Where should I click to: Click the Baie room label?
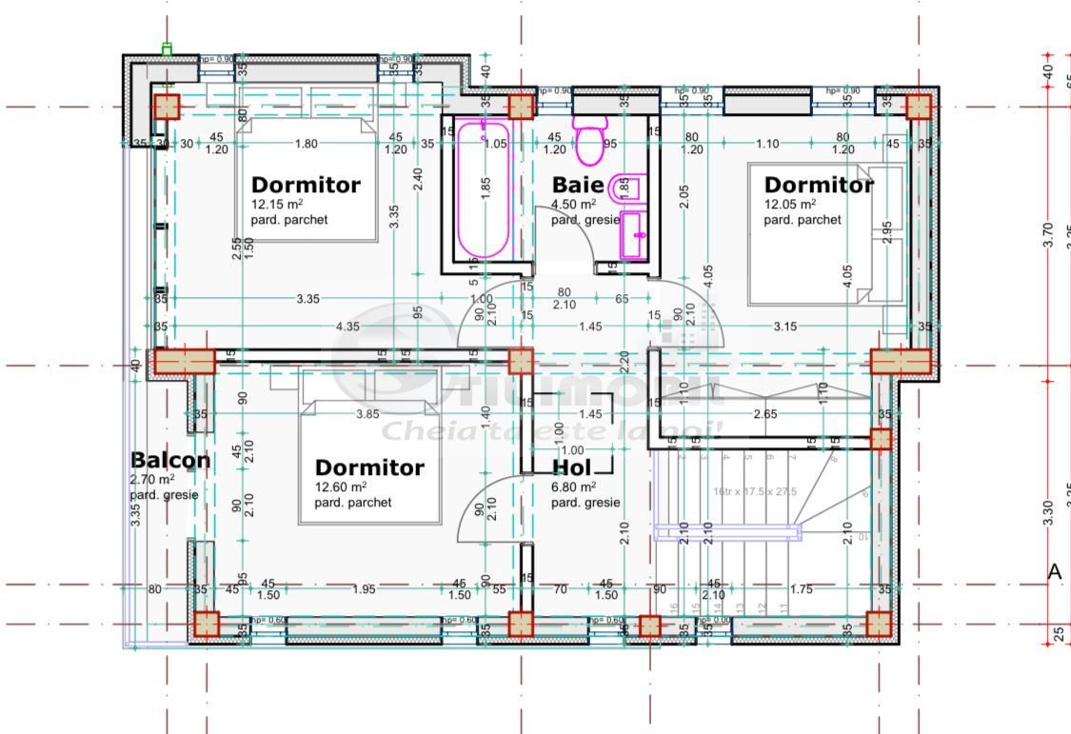coord(578,185)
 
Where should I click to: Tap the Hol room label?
coord(571,467)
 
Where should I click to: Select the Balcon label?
coord(170,460)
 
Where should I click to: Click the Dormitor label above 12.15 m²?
coord(306,185)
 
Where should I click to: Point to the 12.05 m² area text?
coord(789,204)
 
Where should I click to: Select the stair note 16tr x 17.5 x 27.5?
coord(755,491)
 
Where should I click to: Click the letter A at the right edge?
coord(1054,572)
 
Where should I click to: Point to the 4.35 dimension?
coord(347,327)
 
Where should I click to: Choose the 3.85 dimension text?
coord(367,414)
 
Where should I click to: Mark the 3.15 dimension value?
coord(784,327)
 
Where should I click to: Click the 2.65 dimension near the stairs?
coord(765,414)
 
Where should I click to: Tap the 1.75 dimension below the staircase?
coord(802,589)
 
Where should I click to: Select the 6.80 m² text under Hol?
coord(574,486)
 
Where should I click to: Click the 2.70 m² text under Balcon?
coord(152,479)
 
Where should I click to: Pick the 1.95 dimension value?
coord(364,589)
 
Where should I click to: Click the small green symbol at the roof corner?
coord(168,50)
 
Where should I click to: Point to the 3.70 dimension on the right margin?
coord(1048,234)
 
